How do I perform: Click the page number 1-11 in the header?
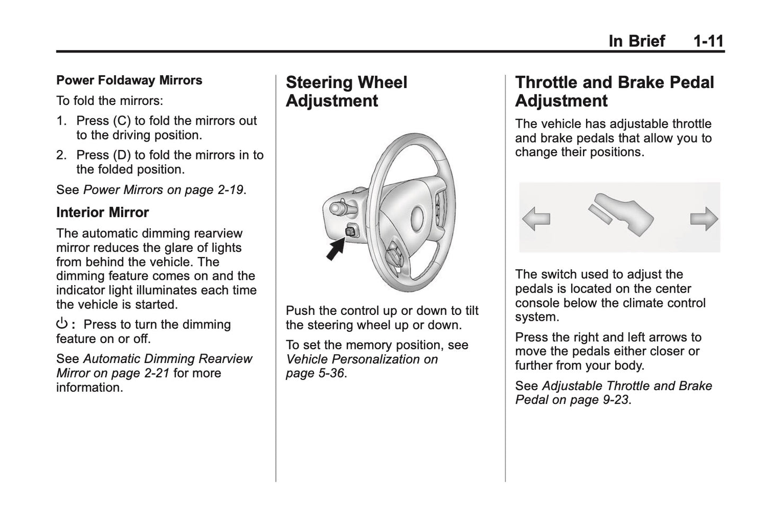pos(708,41)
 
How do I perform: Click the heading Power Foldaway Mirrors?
pos(129,81)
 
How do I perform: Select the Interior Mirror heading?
pos(102,213)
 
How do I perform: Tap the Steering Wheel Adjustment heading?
pos(346,92)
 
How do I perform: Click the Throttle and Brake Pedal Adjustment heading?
pos(614,92)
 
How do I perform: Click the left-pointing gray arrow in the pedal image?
pos(536,218)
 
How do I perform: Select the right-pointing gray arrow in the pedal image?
pos(704,218)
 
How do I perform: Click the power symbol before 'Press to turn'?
pos(62,324)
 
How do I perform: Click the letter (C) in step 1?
pos(119,121)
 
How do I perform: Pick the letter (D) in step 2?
pos(119,155)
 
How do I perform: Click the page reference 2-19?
pos(231,190)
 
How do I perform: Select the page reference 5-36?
pos(329,374)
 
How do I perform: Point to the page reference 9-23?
pos(616,400)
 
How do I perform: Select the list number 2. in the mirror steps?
pos(62,155)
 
